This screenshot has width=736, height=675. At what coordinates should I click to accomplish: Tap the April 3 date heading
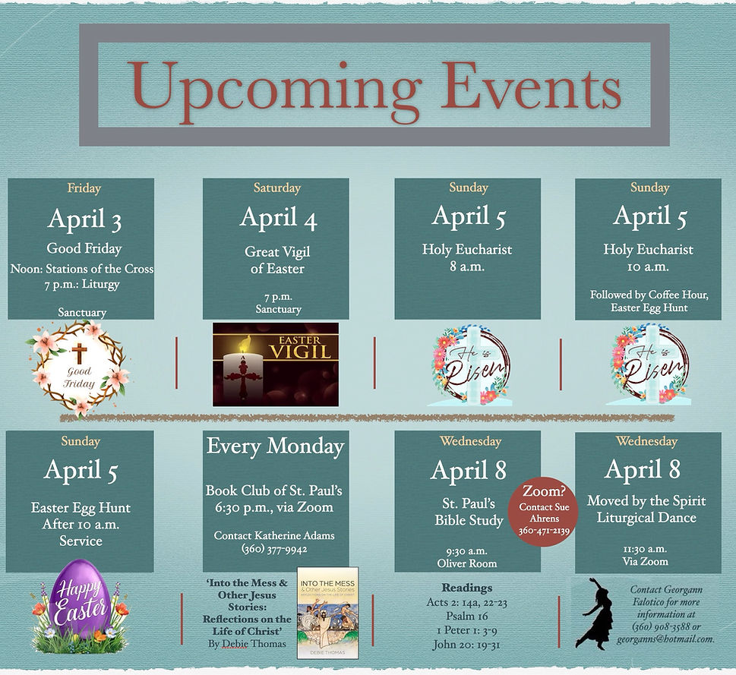pyautogui.click(x=84, y=219)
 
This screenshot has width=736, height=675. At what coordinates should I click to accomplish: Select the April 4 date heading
pyautogui.click(x=278, y=218)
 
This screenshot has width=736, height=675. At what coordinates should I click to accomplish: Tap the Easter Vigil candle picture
pyautogui.click(x=275, y=364)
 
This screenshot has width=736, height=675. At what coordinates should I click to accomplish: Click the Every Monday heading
pyautogui.click(x=275, y=446)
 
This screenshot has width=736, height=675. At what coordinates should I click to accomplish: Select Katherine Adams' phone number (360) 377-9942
pyautogui.click(x=274, y=549)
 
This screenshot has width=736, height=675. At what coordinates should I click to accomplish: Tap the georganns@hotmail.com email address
pyautogui.click(x=672, y=639)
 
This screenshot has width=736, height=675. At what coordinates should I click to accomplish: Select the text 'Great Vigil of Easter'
pyautogui.click(x=277, y=260)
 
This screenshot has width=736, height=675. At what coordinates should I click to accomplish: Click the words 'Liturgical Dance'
pyautogui.click(x=646, y=518)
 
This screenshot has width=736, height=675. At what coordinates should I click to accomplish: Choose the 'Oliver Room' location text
pyautogui.click(x=466, y=563)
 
